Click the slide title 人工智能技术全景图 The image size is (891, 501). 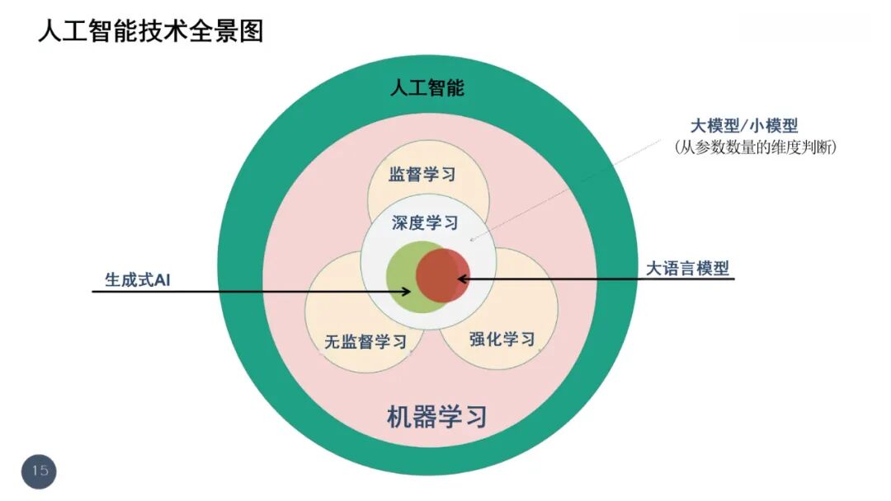click(x=150, y=32)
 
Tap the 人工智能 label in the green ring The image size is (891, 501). click(x=427, y=87)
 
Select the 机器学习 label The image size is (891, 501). click(x=436, y=416)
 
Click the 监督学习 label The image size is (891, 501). click(x=422, y=175)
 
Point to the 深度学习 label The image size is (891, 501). click(x=425, y=222)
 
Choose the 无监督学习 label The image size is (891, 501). click(x=365, y=342)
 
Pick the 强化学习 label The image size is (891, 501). click(x=502, y=339)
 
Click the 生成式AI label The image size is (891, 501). click(x=137, y=279)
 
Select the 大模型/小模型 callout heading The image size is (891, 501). click(x=744, y=126)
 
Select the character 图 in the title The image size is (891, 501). click(x=252, y=32)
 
